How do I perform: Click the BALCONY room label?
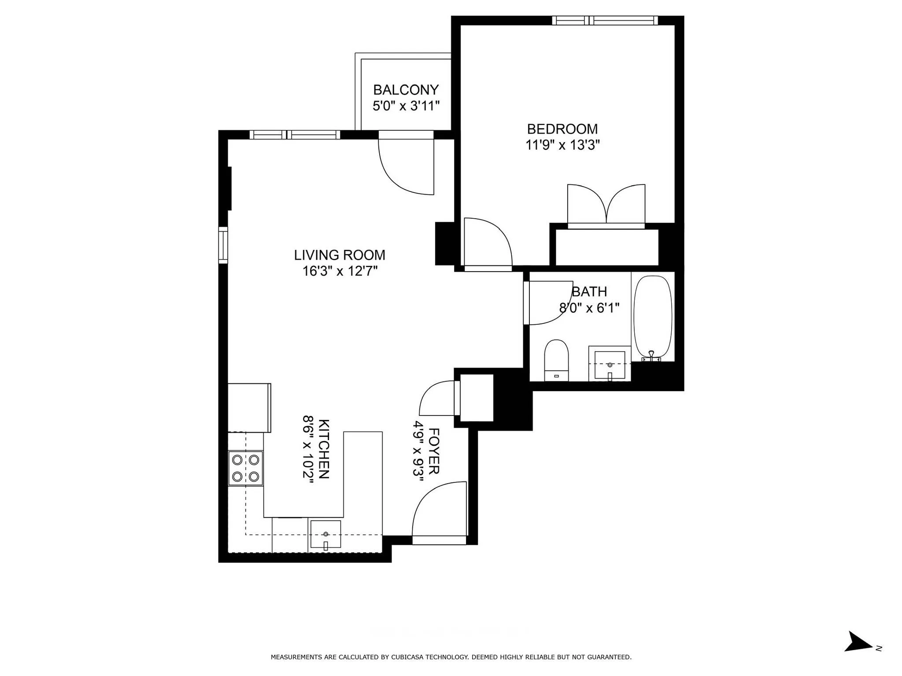(x=406, y=90)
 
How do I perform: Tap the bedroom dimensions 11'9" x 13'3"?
(x=562, y=145)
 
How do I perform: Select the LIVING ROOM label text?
(x=340, y=255)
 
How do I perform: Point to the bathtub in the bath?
(x=653, y=317)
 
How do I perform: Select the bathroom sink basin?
(x=610, y=365)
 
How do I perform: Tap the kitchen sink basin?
(x=325, y=534)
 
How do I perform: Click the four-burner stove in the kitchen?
(x=245, y=468)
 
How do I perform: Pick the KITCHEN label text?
(x=323, y=449)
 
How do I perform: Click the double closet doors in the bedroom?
(x=606, y=205)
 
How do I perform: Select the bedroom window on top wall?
(x=605, y=20)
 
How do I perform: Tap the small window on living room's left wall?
(x=223, y=245)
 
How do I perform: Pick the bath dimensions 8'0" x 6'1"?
(x=589, y=308)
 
